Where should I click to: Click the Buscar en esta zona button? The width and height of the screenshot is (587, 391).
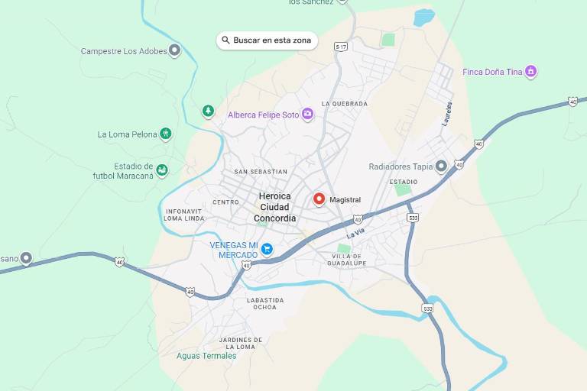coord(267,40)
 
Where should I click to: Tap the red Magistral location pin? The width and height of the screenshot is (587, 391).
coord(319,199)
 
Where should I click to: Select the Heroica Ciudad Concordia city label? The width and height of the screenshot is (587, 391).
coord(275,207)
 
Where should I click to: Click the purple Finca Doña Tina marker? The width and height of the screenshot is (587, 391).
coord(531,72)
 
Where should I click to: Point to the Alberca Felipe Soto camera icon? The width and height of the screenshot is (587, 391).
coord(307,115)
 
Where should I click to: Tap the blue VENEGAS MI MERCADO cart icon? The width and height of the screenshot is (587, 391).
coord(267,249)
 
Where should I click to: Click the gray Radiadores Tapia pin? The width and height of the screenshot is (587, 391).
coord(441,166)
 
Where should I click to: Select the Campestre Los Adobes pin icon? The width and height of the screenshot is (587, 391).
coord(174,51)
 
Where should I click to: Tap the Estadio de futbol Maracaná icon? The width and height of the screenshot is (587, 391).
coord(162,170)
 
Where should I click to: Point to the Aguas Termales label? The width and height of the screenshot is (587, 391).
coord(206,356)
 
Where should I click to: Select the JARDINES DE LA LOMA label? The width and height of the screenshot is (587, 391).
coord(241,343)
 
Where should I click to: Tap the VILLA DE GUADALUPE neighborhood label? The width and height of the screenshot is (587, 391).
coord(349,260)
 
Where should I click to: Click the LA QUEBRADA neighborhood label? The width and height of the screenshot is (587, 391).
coord(345,104)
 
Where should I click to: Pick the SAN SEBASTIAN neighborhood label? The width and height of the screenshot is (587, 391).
coord(261,172)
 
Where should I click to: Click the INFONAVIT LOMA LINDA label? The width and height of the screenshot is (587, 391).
coord(184,215)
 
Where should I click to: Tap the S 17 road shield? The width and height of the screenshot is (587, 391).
coord(341,47)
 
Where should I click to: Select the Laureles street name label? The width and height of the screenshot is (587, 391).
coord(447,114)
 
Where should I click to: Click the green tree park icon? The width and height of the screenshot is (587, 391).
coord(208,111)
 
